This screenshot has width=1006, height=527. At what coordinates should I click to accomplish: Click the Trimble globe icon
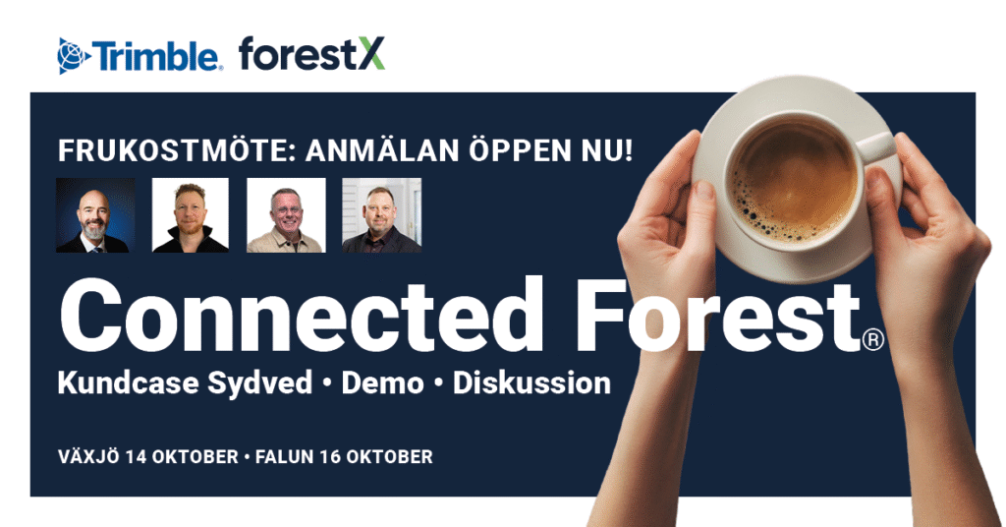pos(74,56)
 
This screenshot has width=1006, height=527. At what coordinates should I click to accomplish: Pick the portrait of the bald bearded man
pos(95,215)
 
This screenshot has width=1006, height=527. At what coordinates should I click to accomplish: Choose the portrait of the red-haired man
pos(190,215)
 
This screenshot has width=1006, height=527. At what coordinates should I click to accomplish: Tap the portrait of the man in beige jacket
pos(286,215)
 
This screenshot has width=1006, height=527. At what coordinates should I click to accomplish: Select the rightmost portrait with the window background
pos(382,215)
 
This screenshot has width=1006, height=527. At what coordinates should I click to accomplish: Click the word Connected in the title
pos(301,316)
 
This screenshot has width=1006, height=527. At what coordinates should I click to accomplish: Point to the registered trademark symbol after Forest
pos(873,339)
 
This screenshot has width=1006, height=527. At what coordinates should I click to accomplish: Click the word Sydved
pos(259,383)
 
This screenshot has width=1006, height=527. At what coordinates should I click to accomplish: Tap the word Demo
pos(382,383)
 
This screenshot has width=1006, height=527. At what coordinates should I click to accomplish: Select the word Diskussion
pos(531,383)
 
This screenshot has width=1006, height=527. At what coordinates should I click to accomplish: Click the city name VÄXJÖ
pos(88,456)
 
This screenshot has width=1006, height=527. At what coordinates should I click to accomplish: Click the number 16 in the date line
pos(329,457)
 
